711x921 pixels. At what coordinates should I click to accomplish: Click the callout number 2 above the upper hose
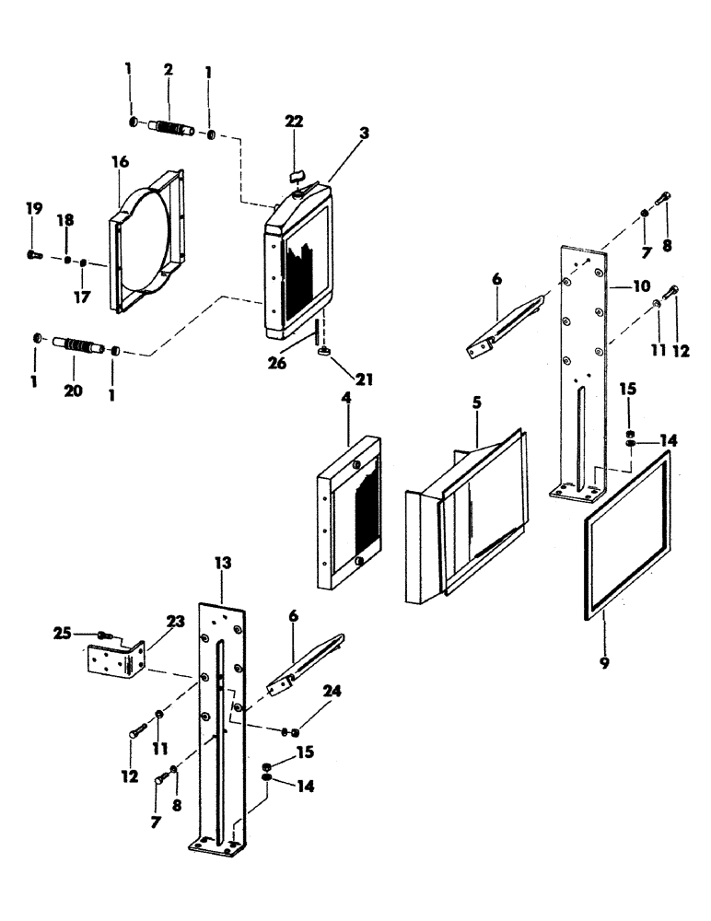point(169,70)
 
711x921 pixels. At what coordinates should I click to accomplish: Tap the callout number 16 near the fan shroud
point(121,161)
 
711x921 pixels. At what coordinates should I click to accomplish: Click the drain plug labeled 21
point(325,351)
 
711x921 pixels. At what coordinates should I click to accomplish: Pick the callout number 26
point(276,363)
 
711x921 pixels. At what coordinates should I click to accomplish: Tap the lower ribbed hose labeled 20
point(80,347)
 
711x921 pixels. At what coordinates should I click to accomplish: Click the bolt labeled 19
point(33,253)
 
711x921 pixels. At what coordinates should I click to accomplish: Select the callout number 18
point(64,221)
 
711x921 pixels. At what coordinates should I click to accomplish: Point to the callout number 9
point(604,662)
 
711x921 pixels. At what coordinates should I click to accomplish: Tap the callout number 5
point(477,403)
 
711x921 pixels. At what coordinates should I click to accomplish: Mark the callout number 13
point(224,561)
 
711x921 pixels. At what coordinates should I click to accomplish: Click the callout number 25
point(61,634)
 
